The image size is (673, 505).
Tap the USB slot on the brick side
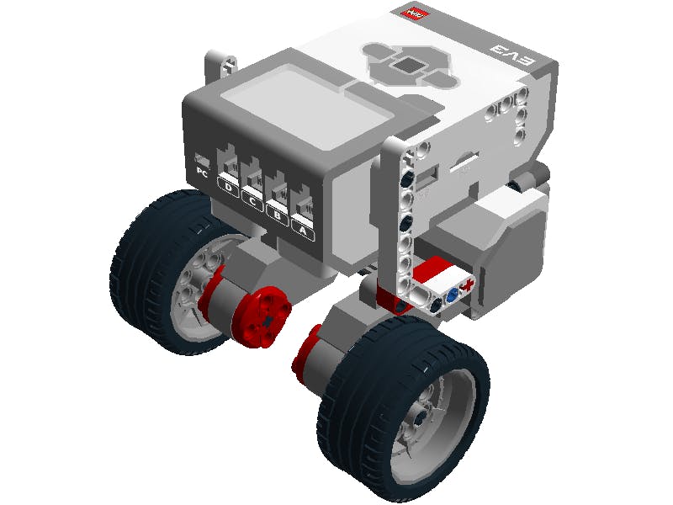click(x=427, y=175)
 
